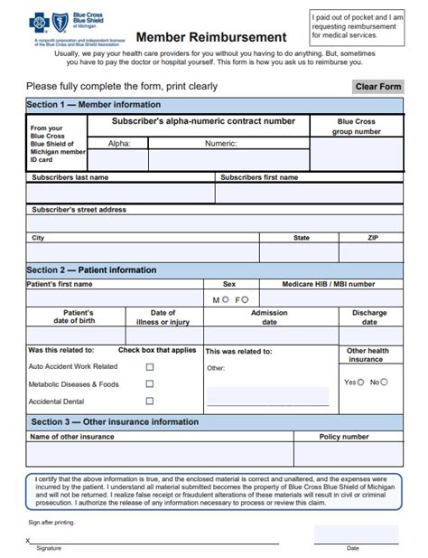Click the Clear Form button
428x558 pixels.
coord(377,87)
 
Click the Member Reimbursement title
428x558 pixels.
coord(211,37)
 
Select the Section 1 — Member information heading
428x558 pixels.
coord(81,105)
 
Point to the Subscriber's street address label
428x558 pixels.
coord(79,209)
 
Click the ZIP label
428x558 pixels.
coord(373,238)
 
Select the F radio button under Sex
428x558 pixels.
coord(246,299)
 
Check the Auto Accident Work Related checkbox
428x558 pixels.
coord(150,367)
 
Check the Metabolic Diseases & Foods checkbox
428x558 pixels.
coord(150,384)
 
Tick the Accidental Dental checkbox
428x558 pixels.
coord(150,402)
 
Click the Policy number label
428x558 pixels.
coord(344,437)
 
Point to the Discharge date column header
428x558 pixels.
coord(369,317)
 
